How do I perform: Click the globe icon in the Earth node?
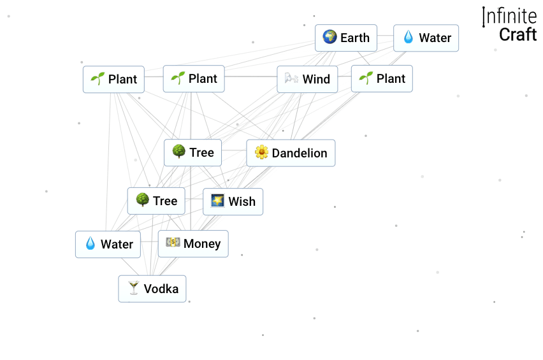coord(329,38)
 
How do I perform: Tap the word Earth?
coord(355,38)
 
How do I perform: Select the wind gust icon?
coord(292,79)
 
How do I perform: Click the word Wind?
coord(316,79)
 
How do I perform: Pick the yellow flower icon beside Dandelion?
coord(261,153)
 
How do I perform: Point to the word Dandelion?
coord(300,153)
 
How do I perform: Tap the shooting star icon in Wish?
coord(218,201)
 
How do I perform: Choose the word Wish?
coord(242,201)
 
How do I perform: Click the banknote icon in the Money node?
coord(173,243)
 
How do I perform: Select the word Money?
coord(202,243)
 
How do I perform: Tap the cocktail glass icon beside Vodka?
coord(133,289)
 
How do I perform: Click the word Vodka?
coord(161,289)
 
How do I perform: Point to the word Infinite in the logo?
coord(510,17)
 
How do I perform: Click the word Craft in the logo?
coord(518,34)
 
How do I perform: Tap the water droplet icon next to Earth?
coord(409,38)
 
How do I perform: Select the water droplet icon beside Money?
coord(90,244)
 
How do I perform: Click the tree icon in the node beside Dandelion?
coord(178,152)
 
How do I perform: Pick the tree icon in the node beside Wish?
coord(142,201)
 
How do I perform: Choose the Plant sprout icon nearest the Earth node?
coord(366,78)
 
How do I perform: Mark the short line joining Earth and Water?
coord(385,38)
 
